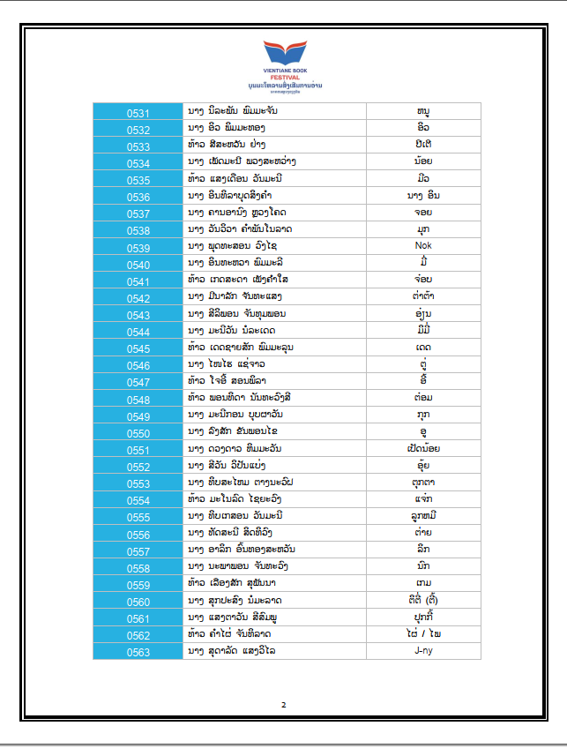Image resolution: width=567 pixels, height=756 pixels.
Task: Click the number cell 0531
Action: click(138, 113)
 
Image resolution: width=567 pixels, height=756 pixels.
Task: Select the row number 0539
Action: click(138, 246)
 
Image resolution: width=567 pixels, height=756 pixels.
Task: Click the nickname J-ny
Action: click(422, 651)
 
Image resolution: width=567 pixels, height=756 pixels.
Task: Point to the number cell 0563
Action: click(138, 653)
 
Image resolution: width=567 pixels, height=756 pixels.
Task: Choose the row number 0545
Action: click(138, 348)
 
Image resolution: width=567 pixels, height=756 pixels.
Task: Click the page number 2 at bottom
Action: click(284, 705)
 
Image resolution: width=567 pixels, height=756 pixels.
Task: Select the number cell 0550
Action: click(138, 433)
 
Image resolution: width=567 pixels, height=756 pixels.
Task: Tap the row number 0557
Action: click(138, 551)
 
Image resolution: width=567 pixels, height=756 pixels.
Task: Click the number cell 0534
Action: click(138, 163)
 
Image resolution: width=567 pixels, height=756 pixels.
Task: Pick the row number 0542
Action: click(138, 298)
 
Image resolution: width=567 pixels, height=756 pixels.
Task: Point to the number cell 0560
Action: click(138, 603)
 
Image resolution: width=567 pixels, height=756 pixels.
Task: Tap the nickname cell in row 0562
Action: click(422, 634)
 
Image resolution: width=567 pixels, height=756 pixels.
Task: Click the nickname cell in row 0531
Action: click(422, 112)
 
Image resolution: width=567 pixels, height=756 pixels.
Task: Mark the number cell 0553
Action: click(138, 484)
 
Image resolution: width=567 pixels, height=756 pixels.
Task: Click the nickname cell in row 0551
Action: click(422, 449)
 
